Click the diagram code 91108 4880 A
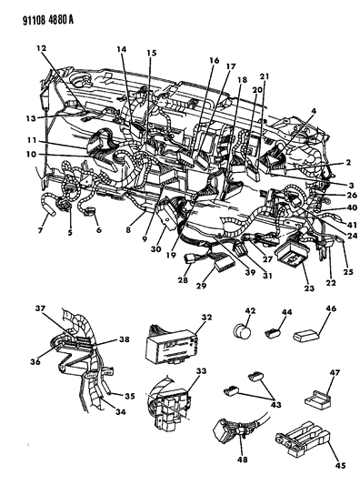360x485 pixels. [48, 20]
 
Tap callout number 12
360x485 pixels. [41, 48]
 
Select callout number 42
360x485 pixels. [250, 310]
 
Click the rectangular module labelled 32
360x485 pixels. [170, 347]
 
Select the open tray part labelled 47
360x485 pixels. [317, 399]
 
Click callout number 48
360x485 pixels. [243, 460]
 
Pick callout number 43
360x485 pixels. [275, 404]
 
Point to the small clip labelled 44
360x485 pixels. [272, 333]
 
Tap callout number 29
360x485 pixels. [201, 285]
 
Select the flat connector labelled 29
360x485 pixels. [225, 263]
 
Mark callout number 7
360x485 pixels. [40, 230]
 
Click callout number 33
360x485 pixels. [201, 370]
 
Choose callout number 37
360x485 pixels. [40, 308]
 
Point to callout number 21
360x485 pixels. [265, 76]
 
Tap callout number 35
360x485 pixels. [129, 396]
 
